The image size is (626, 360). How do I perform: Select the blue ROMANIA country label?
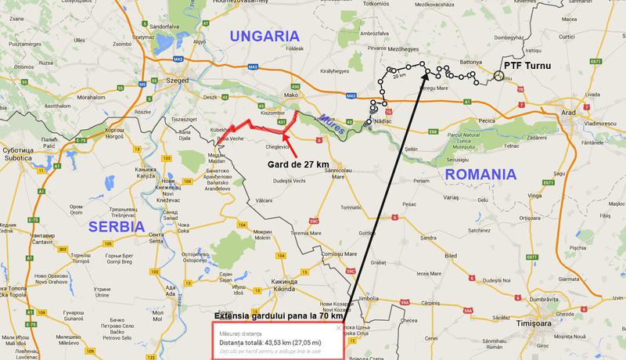pos(477,174)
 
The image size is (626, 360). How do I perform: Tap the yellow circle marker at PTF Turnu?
pos(499,76)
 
